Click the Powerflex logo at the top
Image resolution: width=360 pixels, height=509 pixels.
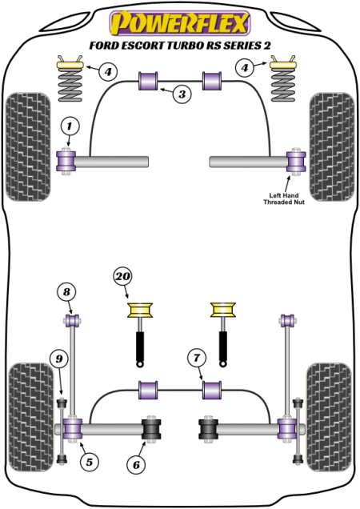click(x=179, y=19)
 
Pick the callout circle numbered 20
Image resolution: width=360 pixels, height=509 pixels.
click(x=123, y=278)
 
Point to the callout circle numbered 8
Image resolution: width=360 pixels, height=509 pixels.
click(x=67, y=291)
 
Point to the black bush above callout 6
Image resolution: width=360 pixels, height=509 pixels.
click(x=151, y=428)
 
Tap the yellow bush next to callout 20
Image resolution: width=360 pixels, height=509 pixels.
click(x=142, y=310)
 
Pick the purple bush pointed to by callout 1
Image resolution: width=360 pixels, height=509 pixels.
click(x=68, y=161)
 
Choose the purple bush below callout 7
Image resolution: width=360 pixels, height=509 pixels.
click(x=212, y=390)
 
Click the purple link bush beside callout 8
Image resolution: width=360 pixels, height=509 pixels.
click(x=70, y=322)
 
